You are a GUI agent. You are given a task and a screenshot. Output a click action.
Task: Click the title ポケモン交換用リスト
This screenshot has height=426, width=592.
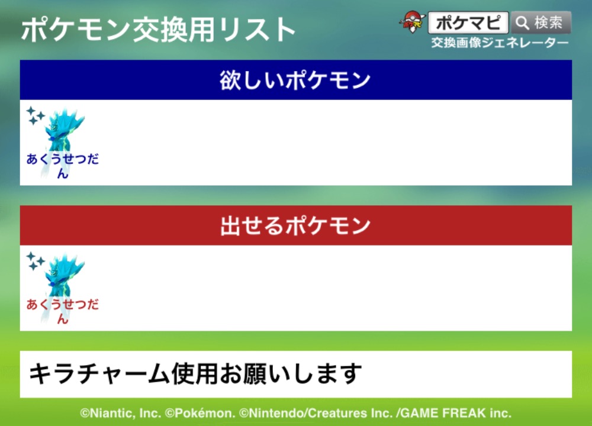click(158, 30)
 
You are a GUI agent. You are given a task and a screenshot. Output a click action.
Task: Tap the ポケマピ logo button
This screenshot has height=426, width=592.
click(468, 22)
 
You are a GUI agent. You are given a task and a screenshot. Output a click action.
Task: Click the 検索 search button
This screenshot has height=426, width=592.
click(541, 22)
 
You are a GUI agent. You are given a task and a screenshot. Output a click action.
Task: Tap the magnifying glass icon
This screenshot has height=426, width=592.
click(522, 23)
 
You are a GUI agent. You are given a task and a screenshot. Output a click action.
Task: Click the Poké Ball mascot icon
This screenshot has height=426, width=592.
click(412, 22)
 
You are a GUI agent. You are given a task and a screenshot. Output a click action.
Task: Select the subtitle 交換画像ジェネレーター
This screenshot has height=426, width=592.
click(500, 43)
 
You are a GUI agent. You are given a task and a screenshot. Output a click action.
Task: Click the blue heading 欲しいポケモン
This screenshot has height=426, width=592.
click(295, 80)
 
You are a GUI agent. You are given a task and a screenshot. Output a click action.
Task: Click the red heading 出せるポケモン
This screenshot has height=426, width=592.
click(295, 225)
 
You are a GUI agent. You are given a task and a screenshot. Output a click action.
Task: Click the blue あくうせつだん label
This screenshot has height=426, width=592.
click(63, 166)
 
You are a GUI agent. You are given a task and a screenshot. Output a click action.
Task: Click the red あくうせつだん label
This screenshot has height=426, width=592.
click(63, 311)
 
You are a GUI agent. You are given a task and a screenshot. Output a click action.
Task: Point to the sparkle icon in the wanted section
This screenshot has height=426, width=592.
click(35, 115)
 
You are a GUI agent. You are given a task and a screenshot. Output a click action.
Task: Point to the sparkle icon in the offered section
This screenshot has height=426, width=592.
click(35, 261)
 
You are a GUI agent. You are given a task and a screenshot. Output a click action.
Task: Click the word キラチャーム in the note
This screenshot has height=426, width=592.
click(99, 374)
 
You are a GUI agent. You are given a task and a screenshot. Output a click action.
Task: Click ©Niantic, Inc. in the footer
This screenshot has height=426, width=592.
click(121, 413)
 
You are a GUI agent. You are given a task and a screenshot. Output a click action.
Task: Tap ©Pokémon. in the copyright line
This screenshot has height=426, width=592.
click(201, 413)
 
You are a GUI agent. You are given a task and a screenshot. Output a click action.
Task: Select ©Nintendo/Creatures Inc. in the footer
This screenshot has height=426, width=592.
click(316, 413)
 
